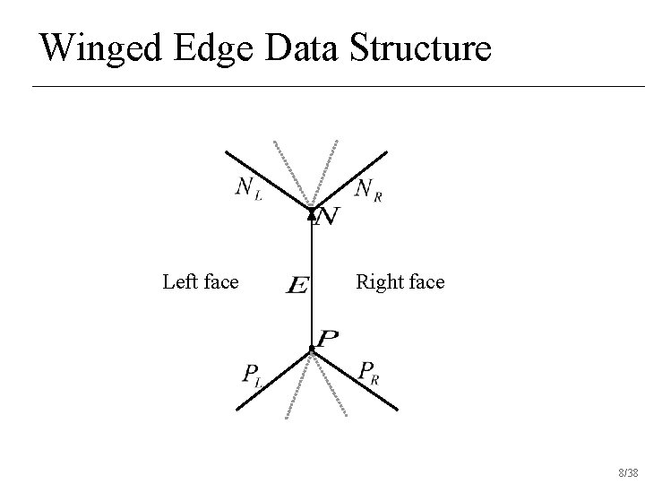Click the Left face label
pos(201,282)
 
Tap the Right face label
pos(400,282)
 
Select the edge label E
pos(297,286)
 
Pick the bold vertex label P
pos(328,338)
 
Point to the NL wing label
pos(249,188)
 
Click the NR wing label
pos(368,188)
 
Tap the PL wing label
pos(252,374)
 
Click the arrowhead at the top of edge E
pos(312,213)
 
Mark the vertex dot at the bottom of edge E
pos(311,349)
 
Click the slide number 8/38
pos(629,472)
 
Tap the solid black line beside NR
pos(357,177)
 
